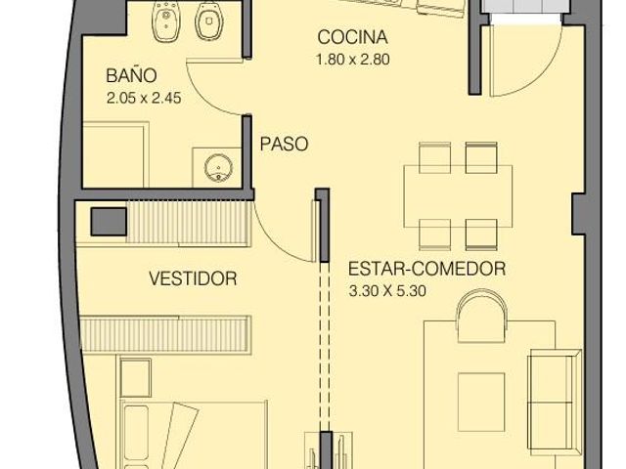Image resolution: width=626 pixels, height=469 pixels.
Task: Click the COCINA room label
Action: click(x=352, y=37)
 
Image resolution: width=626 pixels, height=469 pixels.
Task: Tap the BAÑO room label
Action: click(x=131, y=75)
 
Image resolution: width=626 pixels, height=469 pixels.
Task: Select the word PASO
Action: click(x=284, y=144)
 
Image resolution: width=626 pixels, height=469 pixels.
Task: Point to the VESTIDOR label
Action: click(x=193, y=278)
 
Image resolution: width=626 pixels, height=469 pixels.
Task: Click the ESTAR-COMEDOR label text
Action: click(x=426, y=269)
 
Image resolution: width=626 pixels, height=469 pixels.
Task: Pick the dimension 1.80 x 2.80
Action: click(x=352, y=60)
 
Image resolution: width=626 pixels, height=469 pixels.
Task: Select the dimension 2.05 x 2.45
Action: click(x=144, y=98)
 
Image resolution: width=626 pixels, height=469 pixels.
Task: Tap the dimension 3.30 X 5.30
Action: click(x=387, y=291)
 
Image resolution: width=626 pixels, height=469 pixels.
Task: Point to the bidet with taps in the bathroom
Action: click(x=165, y=21)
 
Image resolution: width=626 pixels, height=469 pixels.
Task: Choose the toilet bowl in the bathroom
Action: click(x=208, y=21)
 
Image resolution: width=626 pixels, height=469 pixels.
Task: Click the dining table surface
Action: click(x=458, y=196)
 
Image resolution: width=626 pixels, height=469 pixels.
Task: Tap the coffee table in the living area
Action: click(x=481, y=402)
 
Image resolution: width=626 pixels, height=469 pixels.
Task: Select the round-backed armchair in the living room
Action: click(x=482, y=316)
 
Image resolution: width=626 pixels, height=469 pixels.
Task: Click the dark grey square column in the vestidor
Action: click(x=109, y=222)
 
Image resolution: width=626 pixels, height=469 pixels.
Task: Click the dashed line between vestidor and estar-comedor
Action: click(x=325, y=346)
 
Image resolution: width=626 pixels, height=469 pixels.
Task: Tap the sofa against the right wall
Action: click(x=555, y=402)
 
